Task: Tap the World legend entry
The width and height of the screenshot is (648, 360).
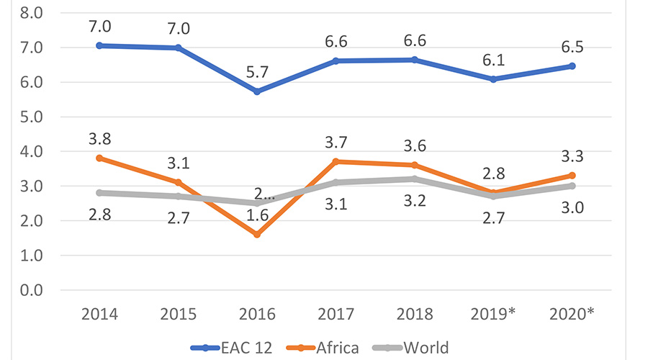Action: point(426,348)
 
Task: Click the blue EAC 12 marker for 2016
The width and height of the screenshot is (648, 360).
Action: point(257,91)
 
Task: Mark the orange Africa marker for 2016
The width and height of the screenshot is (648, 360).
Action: point(257,234)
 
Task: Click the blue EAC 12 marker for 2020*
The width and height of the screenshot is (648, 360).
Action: point(572,66)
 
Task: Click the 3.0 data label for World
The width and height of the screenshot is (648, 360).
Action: point(572,206)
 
